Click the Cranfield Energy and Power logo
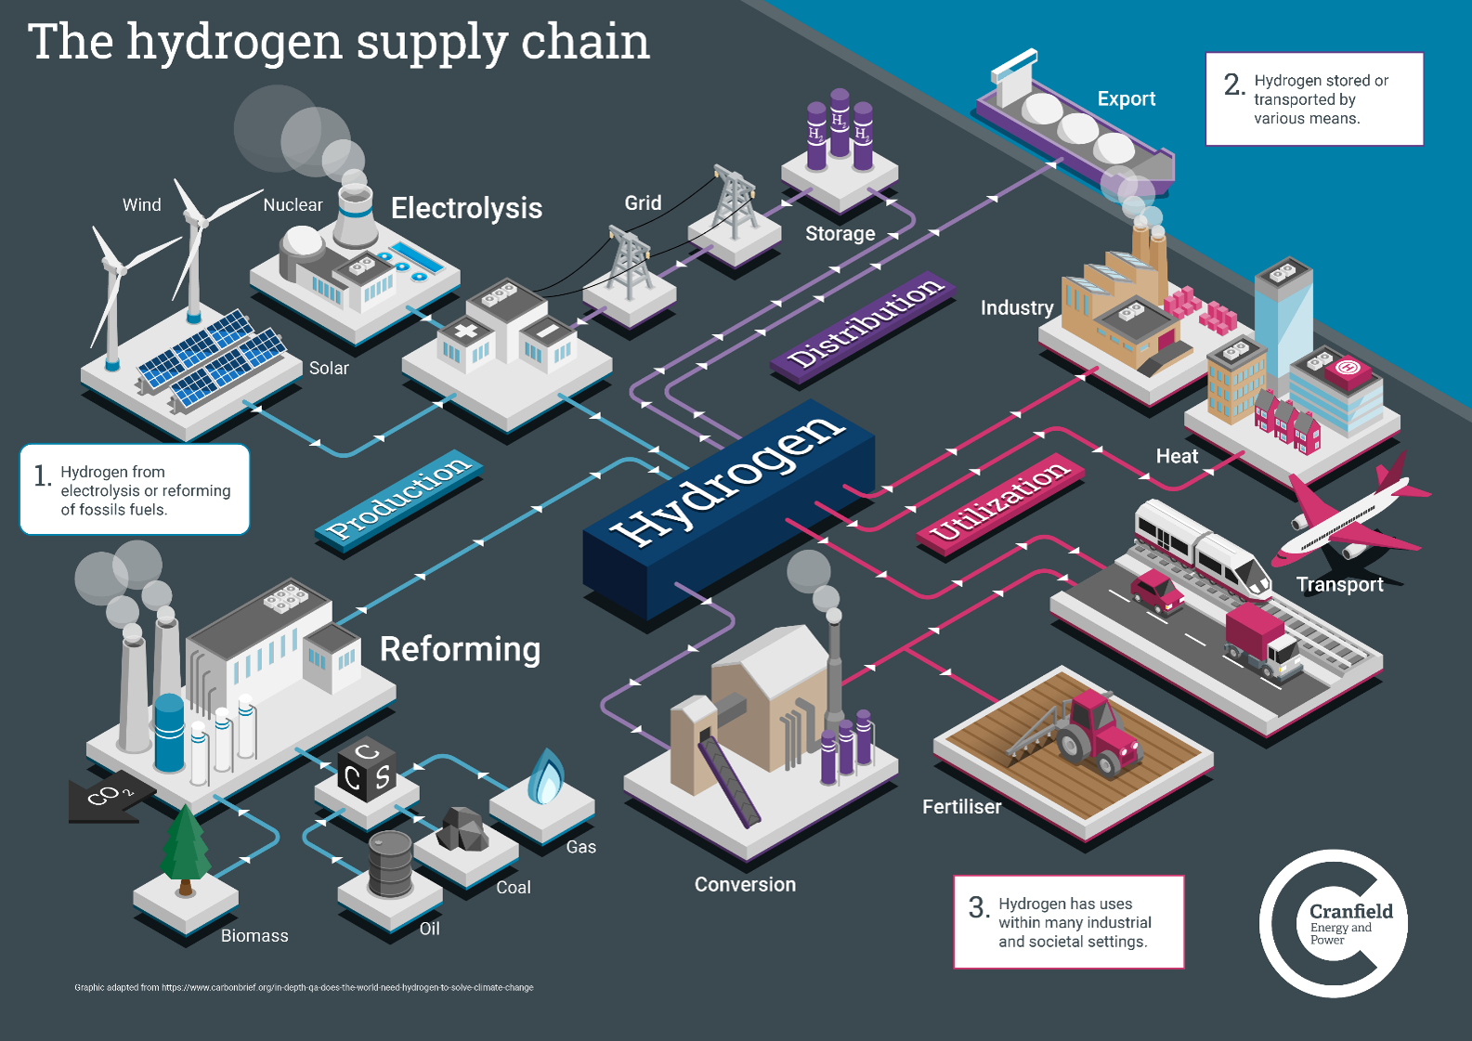coord(1334,923)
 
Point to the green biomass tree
coord(185,847)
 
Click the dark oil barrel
coord(390,863)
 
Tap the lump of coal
coord(462,829)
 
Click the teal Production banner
coord(399,497)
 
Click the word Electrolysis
coord(466,208)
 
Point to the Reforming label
coord(460,649)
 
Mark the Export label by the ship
coord(1126,99)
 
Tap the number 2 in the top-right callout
coord(1232,85)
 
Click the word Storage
coord(840,234)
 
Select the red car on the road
coord(1156,591)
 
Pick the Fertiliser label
coord(961,807)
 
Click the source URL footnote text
coord(304,987)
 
